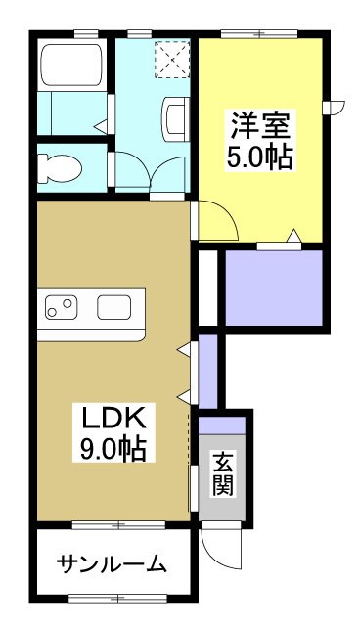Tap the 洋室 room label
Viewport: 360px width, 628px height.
pos(261,126)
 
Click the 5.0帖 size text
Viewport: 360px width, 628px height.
pos(261,157)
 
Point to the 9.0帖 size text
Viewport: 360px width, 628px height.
pos(112,450)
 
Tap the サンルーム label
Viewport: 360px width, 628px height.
pos(111,564)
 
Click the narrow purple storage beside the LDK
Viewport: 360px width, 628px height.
pos(207,372)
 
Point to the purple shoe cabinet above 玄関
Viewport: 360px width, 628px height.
pos(222,426)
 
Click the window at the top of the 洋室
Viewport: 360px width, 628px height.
pos(259,34)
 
